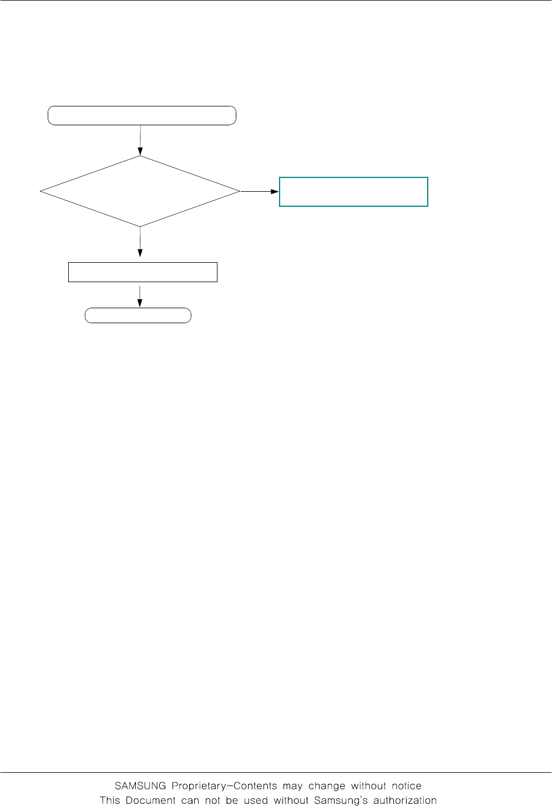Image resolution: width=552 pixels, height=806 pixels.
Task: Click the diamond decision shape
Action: pyautogui.click(x=140, y=191)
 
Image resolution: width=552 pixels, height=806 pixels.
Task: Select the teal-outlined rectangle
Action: pyautogui.click(x=353, y=192)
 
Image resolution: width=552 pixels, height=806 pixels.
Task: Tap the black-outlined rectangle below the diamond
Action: pyautogui.click(x=143, y=272)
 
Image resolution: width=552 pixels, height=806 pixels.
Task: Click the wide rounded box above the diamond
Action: pyautogui.click(x=142, y=115)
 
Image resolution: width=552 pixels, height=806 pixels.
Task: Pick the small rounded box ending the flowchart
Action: pyautogui.click(x=138, y=315)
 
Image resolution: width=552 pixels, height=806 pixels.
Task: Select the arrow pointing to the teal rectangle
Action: pyautogui.click(x=260, y=191)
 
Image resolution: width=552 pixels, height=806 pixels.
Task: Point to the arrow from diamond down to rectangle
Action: pyautogui.click(x=140, y=242)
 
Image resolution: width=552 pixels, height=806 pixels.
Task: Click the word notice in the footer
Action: pyautogui.click(x=407, y=786)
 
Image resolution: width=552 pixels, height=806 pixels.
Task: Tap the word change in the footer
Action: pyautogui.click(x=326, y=786)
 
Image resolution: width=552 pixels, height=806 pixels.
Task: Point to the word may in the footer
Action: pyautogui.click(x=292, y=786)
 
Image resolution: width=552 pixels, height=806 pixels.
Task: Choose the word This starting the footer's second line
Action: pyautogui.click(x=110, y=800)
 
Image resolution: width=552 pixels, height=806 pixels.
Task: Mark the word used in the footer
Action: pyautogui.click(x=256, y=800)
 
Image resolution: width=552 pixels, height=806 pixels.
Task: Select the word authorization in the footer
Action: pyautogui.click(x=405, y=800)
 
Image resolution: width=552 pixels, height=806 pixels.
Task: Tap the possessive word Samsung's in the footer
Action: pyautogui.click(x=341, y=800)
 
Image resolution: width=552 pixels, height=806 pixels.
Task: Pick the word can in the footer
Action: pyautogui.click(x=191, y=800)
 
